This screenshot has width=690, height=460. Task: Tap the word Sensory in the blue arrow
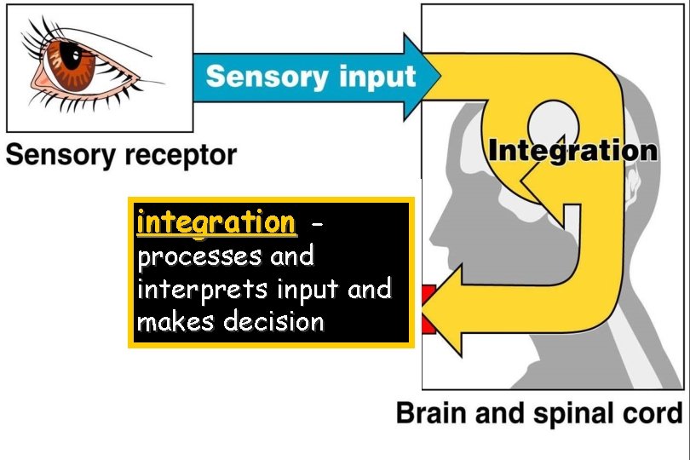[x=259, y=76]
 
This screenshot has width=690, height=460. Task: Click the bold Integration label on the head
[x=572, y=152]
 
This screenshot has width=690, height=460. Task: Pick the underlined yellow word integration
[x=216, y=223]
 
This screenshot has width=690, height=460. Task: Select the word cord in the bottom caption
[x=653, y=414]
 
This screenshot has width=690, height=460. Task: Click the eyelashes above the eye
[x=51, y=31]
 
